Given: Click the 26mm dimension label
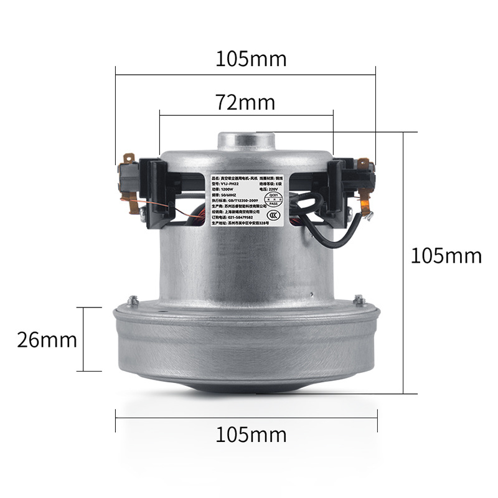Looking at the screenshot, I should point(47,340).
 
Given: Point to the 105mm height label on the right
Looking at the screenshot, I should point(446,255).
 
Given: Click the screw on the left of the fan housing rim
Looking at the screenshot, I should point(133,301).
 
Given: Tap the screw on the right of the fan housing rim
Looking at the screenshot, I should point(359,300).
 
